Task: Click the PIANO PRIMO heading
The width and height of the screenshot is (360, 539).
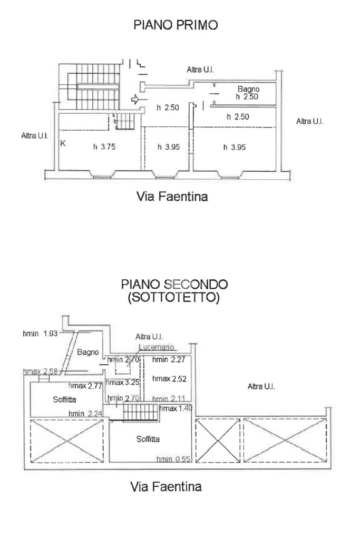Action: point(176,25)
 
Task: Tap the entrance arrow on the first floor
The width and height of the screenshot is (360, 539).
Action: point(134,99)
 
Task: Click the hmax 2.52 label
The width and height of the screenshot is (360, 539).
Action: point(169,378)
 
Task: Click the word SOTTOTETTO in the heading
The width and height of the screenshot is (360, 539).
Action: point(174,298)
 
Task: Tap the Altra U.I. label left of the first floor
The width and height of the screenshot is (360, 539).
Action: point(35,135)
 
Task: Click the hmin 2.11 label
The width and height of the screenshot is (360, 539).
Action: point(170,399)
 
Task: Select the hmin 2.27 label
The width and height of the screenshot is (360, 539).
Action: point(169,360)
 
